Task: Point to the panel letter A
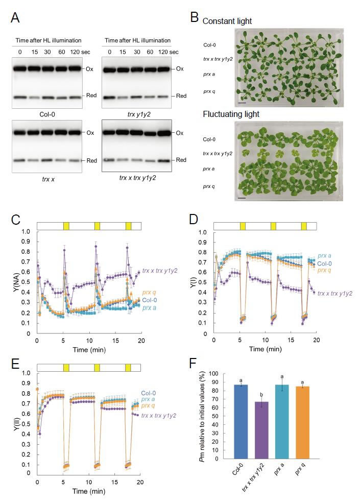(x=16, y=19)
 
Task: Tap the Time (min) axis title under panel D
(x=265, y=351)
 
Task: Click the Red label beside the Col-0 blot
(x=90, y=95)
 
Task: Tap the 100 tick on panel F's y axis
(x=211, y=374)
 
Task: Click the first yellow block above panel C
(x=65, y=226)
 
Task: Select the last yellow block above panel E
(x=128, y=367)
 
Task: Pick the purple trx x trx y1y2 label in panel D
(x=336, y=293)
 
